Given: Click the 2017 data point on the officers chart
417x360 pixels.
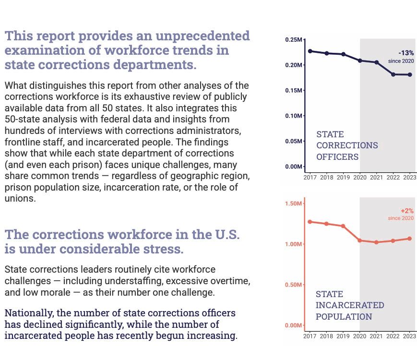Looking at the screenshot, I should tap(310, 51).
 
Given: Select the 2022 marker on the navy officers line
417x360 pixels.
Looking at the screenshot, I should tap(393, 74).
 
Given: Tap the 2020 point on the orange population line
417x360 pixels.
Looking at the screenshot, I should tap(360, 240).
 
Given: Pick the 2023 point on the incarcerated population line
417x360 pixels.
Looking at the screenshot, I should tap(409, 239).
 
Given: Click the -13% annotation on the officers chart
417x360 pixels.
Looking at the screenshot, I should tap(406, 53).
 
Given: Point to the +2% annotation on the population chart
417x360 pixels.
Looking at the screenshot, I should tap(407, 211).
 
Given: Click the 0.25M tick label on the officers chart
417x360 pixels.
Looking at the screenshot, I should tap(294, 39).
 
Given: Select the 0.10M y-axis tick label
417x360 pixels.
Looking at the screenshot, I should tap(294, 116).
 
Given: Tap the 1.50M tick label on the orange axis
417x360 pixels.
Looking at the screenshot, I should tap(294, 204).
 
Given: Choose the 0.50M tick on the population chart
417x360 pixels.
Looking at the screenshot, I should tap(294, 285).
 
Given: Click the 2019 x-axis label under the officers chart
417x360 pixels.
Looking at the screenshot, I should tap(343, 177).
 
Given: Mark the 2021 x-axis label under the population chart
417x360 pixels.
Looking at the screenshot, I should tap(376, 336).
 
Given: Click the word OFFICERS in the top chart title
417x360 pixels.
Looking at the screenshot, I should tap(337, 157).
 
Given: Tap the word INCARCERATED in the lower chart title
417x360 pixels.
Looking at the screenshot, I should tap(349, 305).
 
